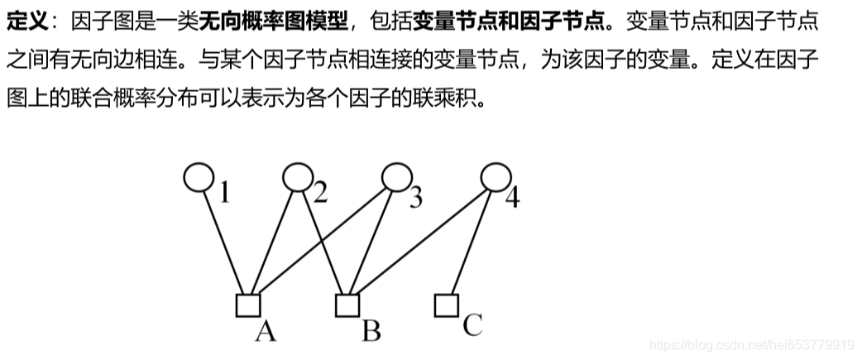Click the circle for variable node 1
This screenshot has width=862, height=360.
tap(198, 176)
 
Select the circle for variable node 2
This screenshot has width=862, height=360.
tap(297, 176)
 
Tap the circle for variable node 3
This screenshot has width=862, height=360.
tap(396, 176)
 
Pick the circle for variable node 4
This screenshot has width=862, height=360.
tap(496, 176)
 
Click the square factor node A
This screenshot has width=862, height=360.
tap(247, 305)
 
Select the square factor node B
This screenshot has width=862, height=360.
tap(347, 305)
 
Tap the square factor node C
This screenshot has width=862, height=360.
tap(447, 305)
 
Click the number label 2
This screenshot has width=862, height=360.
tap(320, 194)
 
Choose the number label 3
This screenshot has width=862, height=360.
tap(415, 197)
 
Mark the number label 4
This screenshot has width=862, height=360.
tap(512, 199)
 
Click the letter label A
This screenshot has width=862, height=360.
tap(265, 331)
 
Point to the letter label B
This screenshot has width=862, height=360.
tap(371, 331)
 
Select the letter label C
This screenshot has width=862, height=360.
tap(472, 324)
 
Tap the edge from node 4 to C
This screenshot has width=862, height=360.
tap(472, 239)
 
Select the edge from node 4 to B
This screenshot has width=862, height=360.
tap(422, 240)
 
